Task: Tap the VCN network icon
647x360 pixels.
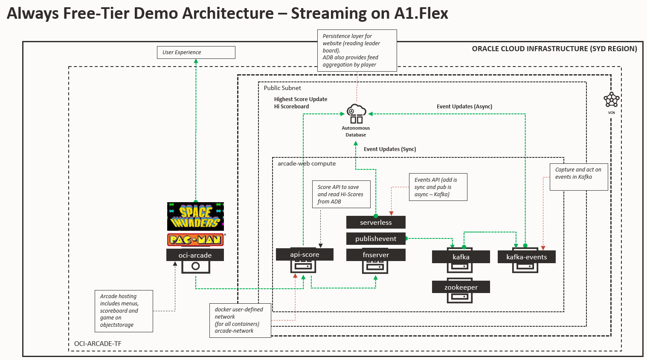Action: point(611,100)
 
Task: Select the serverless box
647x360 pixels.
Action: point(376,222)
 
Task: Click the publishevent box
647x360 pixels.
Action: point(376,238)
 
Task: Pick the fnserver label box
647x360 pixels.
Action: point(376,255)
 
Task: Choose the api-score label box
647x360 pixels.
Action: point(305,254)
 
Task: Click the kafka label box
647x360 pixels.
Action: point(461,257)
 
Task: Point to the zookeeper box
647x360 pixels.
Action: point(461,287)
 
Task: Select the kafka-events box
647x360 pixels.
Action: point(526,257)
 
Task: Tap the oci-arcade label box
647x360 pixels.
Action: point(195,255)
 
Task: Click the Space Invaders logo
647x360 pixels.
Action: point(195,216)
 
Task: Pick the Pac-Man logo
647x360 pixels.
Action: point(195,239)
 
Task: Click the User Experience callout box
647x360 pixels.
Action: point(196,52)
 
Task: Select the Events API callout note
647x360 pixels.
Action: point(438,187)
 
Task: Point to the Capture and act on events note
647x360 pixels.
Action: point(578,177)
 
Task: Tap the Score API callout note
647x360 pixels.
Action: point(341,194)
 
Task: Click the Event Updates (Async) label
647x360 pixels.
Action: point(464,107)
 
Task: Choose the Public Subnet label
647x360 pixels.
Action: point(282,88)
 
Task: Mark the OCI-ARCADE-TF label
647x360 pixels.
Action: point(98,343)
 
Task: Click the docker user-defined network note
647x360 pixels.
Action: point(240,320)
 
